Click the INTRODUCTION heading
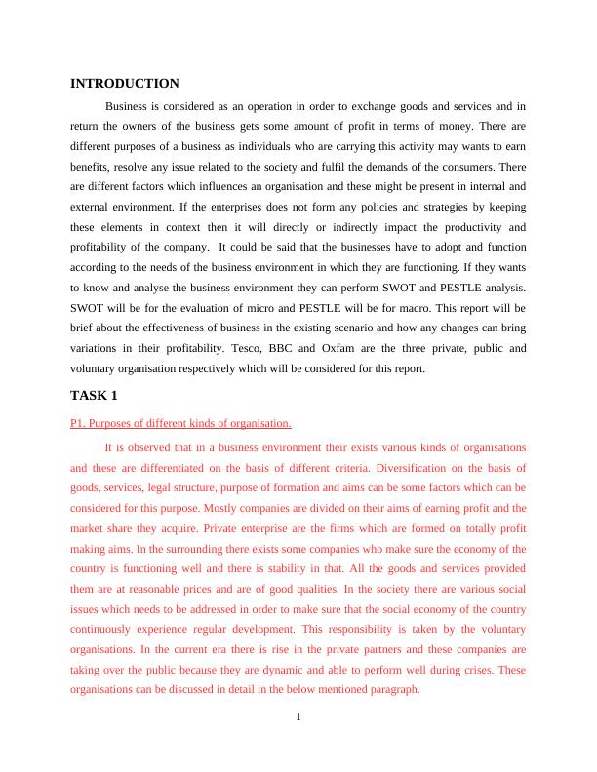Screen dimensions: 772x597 point(125,84)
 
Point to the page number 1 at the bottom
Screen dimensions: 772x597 point(298,718)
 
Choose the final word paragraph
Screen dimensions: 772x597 point(392,690)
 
